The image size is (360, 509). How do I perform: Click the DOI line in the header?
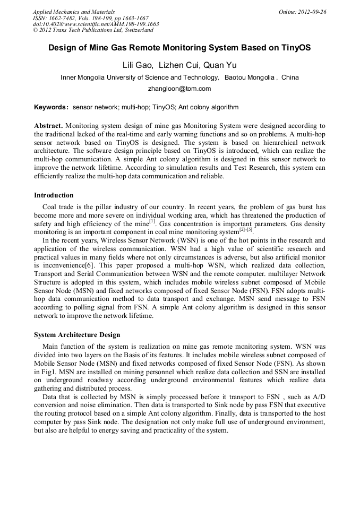tap(96, 24)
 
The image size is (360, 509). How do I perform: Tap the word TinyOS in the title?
tap(293, 48)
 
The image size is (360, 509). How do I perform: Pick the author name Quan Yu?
tap(221, 65)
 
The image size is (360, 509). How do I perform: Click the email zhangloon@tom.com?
tap(179, 89)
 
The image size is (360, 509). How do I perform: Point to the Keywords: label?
tap(52, 107)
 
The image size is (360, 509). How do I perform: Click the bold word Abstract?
tap(48, 126)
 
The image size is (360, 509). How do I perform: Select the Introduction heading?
tap(54, 195)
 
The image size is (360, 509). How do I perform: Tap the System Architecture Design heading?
tap(77, 335)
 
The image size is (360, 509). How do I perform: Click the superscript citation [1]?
tap(152, 221)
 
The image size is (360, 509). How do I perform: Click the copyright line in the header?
tap(93, 30)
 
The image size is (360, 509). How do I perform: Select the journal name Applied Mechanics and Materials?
tap(74, 11)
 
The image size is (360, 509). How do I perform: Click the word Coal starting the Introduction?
tap(50, 206)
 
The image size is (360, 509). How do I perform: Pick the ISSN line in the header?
tap(90, 18)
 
